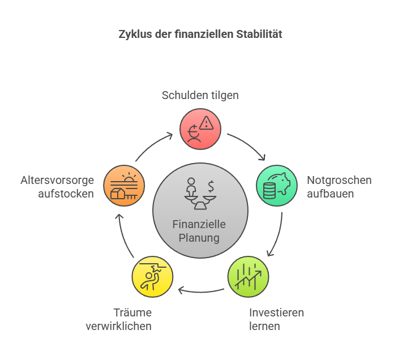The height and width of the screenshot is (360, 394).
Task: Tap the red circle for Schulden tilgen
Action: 200,129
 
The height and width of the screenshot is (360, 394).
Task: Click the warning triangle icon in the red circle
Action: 206,123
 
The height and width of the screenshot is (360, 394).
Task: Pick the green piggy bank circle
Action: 277,186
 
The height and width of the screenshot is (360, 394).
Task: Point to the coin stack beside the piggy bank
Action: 269,191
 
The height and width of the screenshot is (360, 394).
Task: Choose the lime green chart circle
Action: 249,277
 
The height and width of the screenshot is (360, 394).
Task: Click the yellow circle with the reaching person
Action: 152,277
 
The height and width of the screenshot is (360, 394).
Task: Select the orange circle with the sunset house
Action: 124,186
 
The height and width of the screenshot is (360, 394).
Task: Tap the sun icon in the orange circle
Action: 129,177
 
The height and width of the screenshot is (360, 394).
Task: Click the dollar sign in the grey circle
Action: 211,186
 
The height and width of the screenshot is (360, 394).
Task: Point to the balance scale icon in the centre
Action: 200,194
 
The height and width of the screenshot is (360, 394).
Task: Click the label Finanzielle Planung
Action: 199,231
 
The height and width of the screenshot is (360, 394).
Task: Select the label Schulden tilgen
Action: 200,96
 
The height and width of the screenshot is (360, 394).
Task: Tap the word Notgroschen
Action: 339,181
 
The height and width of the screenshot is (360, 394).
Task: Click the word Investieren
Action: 276,313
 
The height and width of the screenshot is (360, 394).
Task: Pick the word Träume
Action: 132,313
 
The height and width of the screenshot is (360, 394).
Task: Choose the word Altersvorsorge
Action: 57,181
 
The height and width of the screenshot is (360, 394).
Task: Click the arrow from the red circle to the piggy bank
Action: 249,144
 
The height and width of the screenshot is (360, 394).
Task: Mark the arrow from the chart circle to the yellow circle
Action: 201,292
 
